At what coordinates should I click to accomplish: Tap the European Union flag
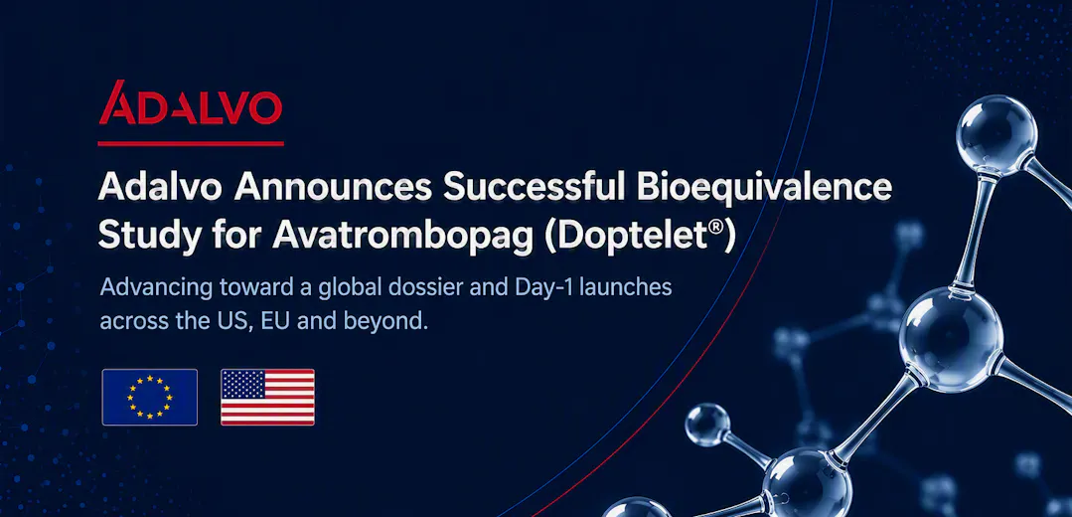tap(150, 398)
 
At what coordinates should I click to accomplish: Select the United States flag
tap(267, 398)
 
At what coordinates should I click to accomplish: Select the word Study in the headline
tap(144, 236)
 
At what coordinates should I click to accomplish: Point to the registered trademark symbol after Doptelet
tap(718, 228)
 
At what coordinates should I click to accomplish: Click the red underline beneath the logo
tap(191, 143)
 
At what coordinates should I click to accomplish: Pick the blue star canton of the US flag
tap(242, 385)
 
